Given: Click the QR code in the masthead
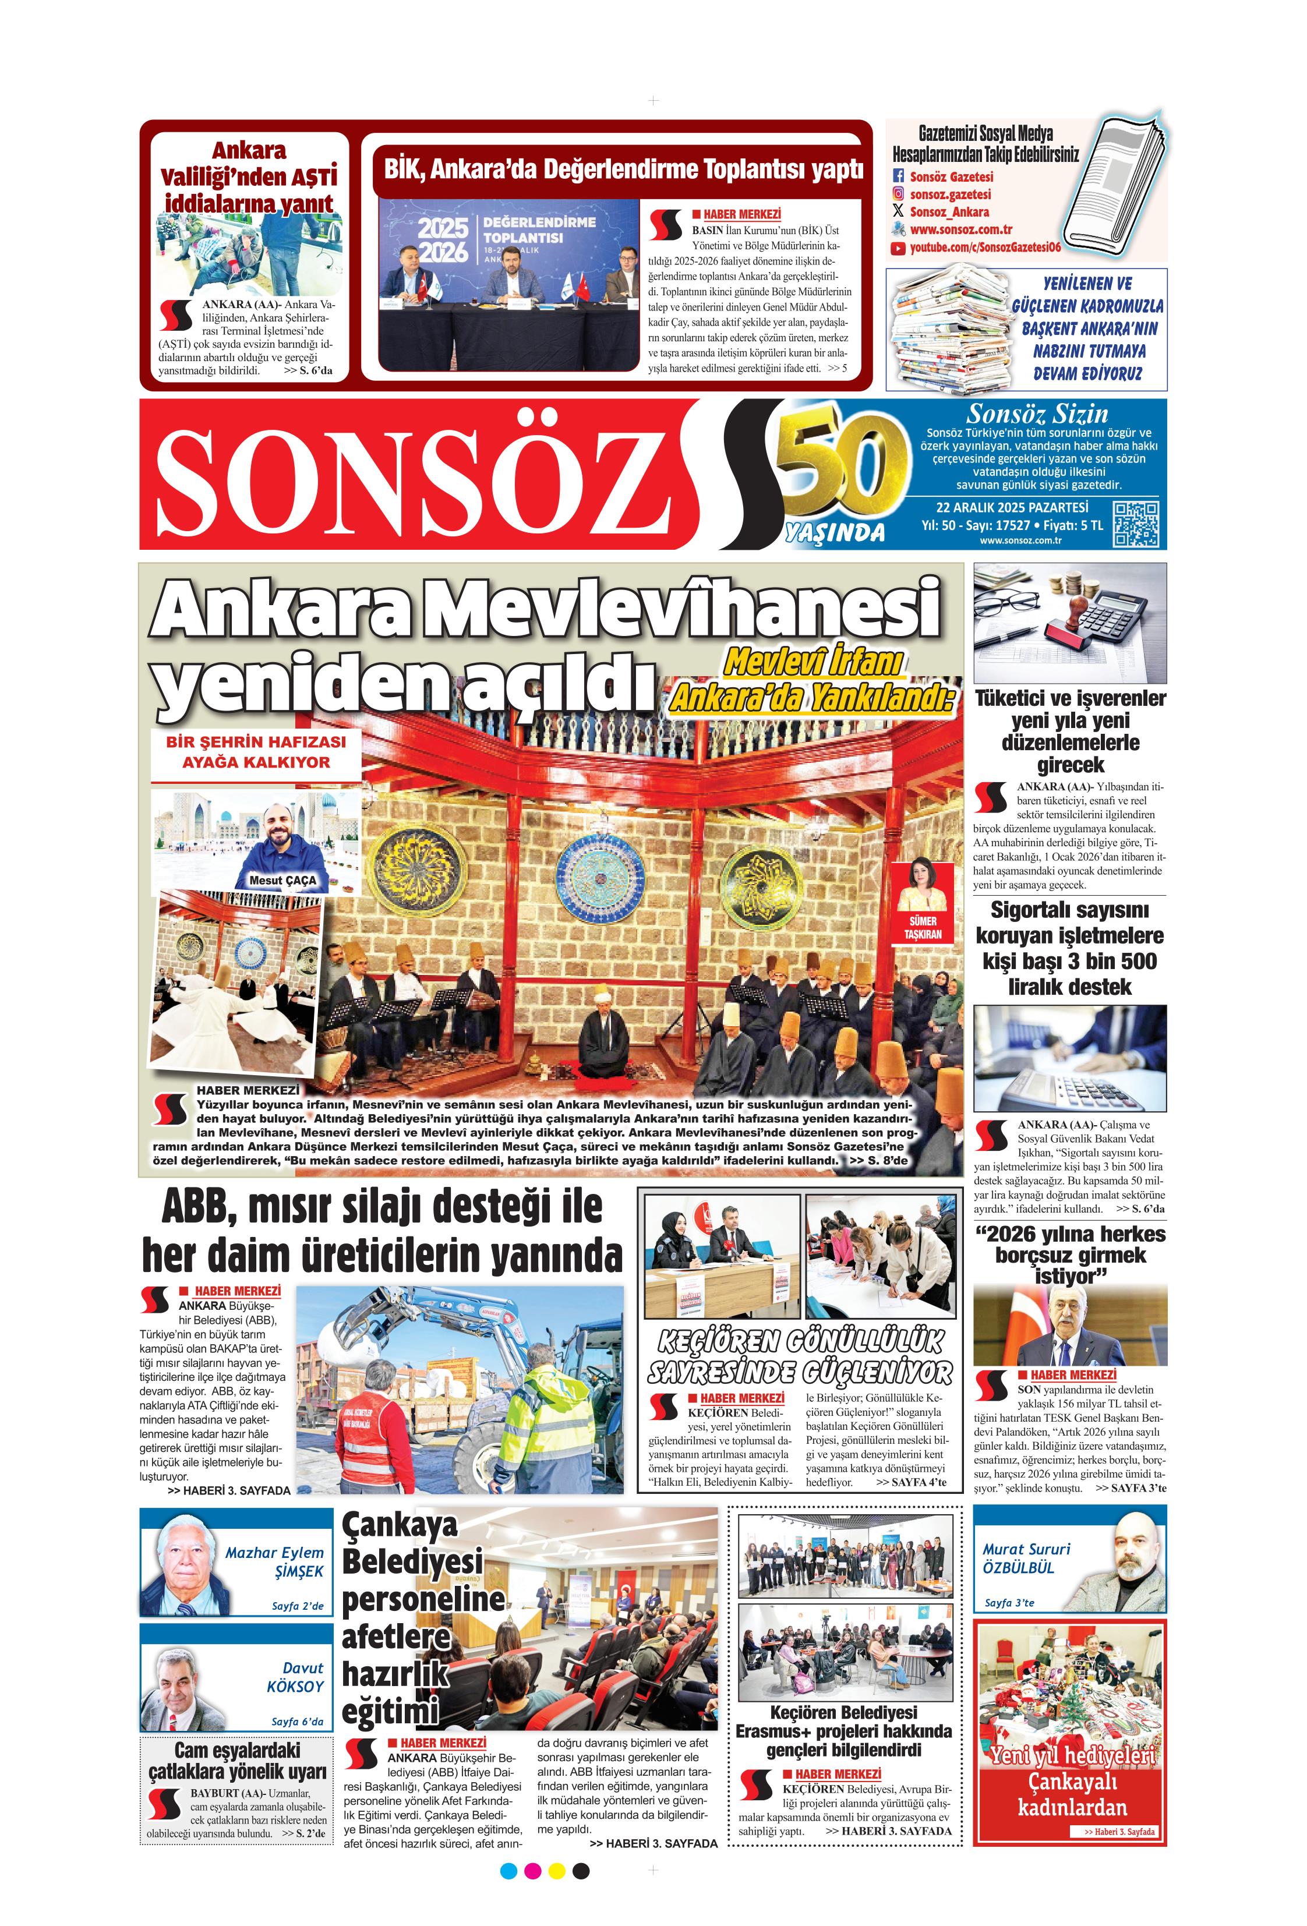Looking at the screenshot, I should click(x=1135, y=523).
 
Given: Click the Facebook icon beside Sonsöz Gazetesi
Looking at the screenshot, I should click(x=898, y=176).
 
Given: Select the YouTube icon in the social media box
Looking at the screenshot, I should click(x=898, y=247).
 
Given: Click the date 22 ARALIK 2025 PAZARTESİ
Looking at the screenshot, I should click(x=1012, y=507).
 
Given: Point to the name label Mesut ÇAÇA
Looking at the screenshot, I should click(x=282, y=879).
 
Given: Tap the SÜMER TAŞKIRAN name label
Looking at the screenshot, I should click(x=923, y=927).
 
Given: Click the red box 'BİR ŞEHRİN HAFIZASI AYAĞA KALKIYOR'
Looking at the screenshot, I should click(x=256, y=752).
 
